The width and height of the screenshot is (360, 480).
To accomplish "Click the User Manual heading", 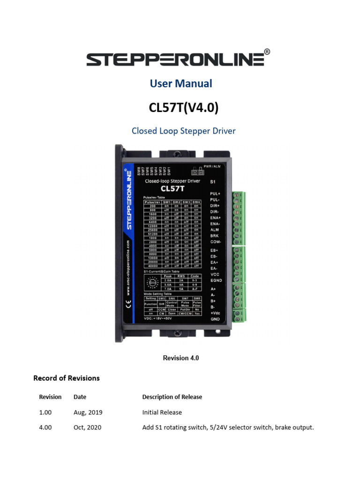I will point(181,84).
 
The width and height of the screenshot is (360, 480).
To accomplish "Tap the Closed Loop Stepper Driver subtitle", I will point(183,131).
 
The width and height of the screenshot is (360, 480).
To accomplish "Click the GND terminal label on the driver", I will point(215,319).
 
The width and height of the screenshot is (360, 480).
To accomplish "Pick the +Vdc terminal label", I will point(216,313).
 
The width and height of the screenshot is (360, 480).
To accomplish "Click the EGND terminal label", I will point(216,280).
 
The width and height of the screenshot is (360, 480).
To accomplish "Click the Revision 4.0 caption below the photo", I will point(181,358).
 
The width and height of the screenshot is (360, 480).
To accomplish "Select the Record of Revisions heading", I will point(67,378).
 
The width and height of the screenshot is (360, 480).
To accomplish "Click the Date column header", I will point(80,397).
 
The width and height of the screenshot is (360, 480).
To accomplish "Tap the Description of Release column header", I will point(172,397).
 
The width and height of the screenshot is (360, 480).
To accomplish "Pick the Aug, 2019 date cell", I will point(88,412).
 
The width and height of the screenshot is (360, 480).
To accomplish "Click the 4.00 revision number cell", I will point(45,427).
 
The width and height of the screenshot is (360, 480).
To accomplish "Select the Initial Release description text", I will point(162,412).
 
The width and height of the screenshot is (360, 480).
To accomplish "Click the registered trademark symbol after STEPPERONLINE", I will point(267,52).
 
